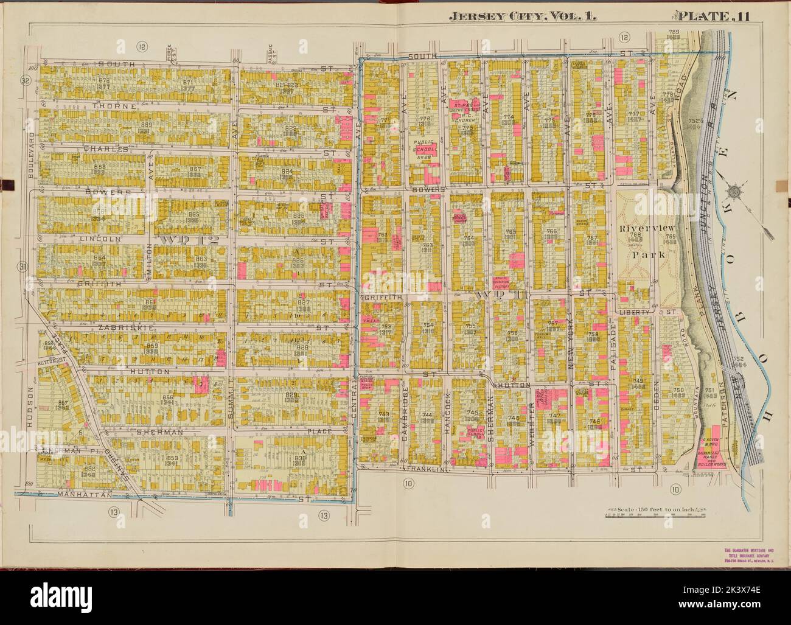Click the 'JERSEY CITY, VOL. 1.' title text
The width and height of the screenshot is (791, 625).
(522, 17)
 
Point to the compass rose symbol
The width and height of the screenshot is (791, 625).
(734, 192)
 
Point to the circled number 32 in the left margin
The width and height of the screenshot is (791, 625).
(25, 80)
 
